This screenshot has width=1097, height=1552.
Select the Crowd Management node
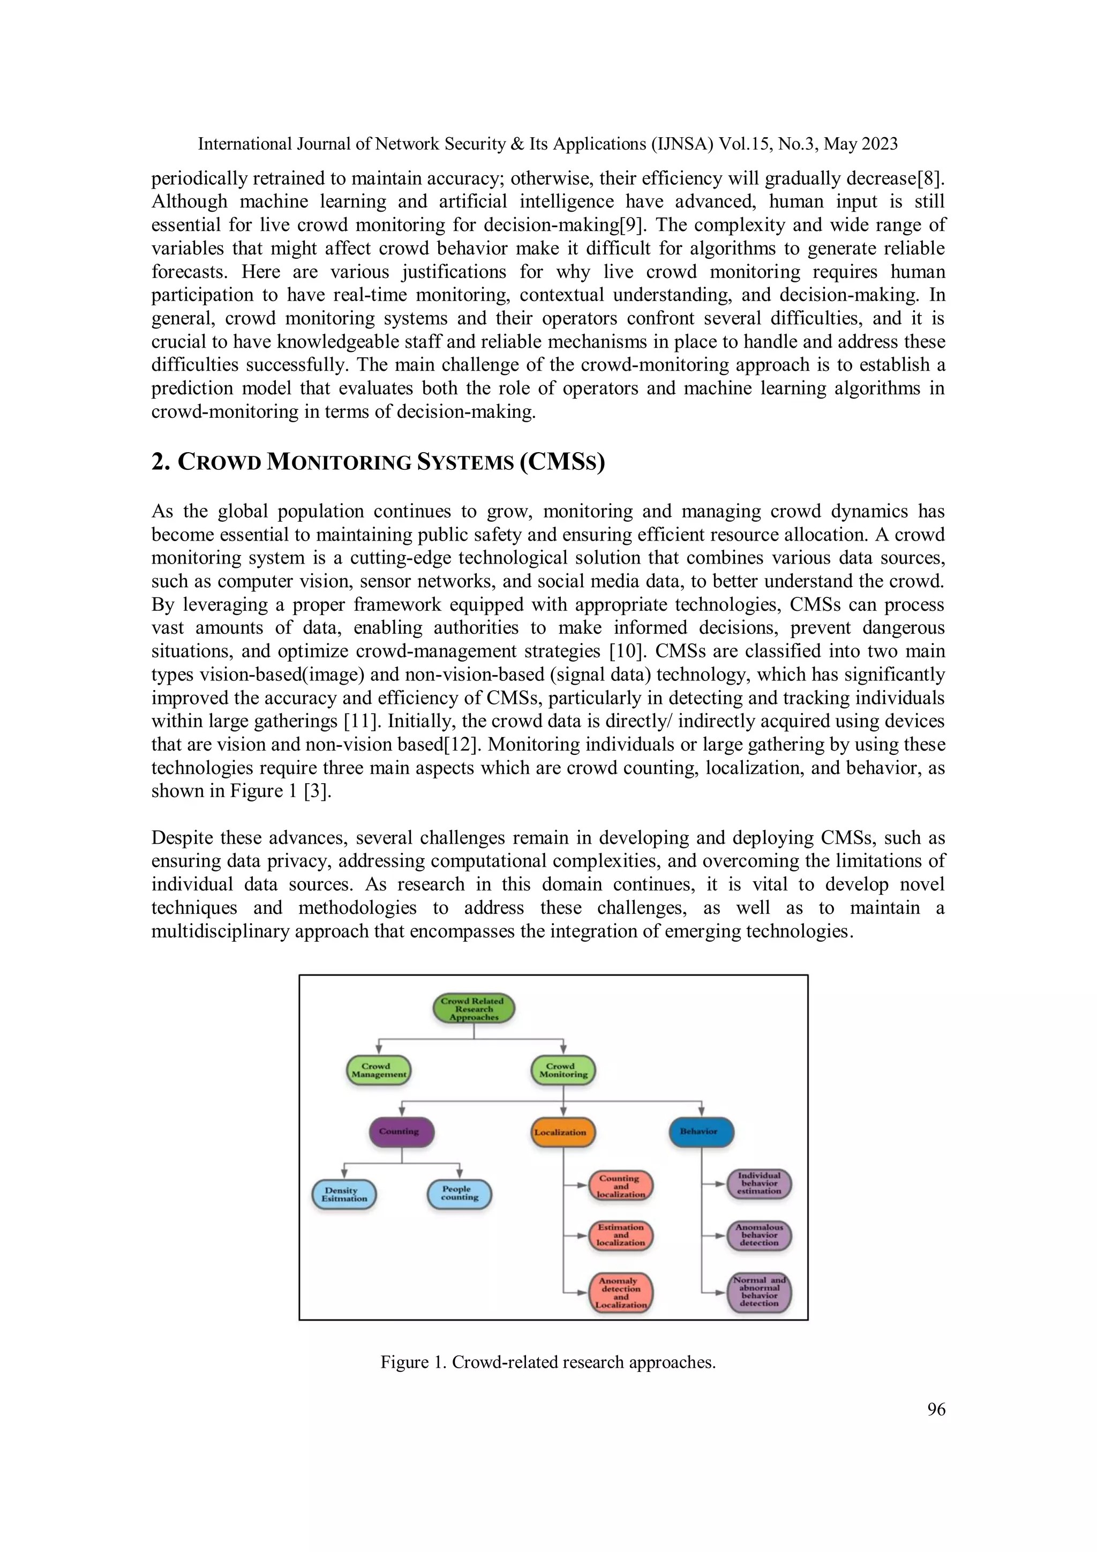pyautogui.click(x=379, y=1070)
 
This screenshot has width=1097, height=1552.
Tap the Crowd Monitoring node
pyautogui.click(x=563, y=1070)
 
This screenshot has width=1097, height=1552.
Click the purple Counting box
pyautogui.click(x=402, y=1131)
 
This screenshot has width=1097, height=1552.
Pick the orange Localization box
pyautogui.click(x=562, y=1132)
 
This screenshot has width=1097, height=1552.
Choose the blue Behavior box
pyautogui.click(x=701, y=1131)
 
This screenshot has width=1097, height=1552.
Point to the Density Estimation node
pyautogui.click(x=344, y=1195)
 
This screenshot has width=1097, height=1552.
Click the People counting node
pyautogui.click(x=460, y=1193)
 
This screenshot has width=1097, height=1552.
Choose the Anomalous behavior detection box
pyautogui.click(x=759, y=1235)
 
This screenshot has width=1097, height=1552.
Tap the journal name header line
pyautogui.click(x=547, y=144)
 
